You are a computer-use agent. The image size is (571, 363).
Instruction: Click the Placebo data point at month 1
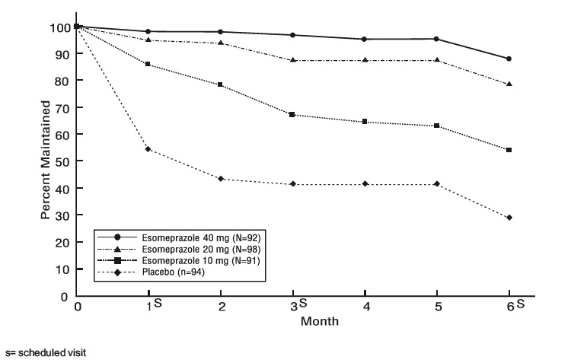(148, 149)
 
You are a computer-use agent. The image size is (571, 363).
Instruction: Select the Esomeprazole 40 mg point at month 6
(509, 59)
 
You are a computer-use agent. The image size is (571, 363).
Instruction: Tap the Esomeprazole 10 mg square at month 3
(292, 114)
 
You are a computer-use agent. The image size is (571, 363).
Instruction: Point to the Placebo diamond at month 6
(509, 218)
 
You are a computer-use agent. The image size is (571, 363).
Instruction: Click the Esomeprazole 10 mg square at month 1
(148, 64)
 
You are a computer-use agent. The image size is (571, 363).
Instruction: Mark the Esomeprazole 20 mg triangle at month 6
(509, 84)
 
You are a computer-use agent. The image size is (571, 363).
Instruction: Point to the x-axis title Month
(320, 320)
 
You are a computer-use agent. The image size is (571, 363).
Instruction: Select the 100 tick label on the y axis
(58, 28)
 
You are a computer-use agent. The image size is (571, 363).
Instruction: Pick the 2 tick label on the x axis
(221, 307)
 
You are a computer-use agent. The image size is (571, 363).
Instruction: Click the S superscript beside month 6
(520, 304)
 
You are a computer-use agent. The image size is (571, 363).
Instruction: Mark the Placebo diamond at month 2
(221, 179)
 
